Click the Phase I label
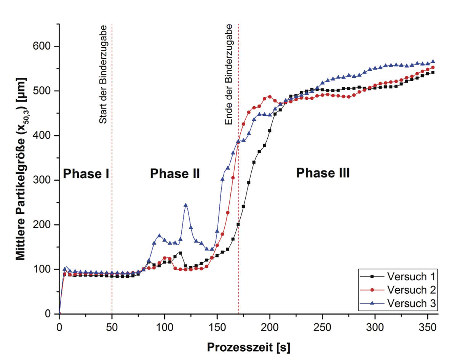86,174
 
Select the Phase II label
175,174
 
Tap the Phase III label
323,173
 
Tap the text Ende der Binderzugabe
229,75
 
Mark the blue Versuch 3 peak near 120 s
185,205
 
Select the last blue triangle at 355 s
433,61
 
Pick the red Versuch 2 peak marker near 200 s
270,97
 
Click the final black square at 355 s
433,72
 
